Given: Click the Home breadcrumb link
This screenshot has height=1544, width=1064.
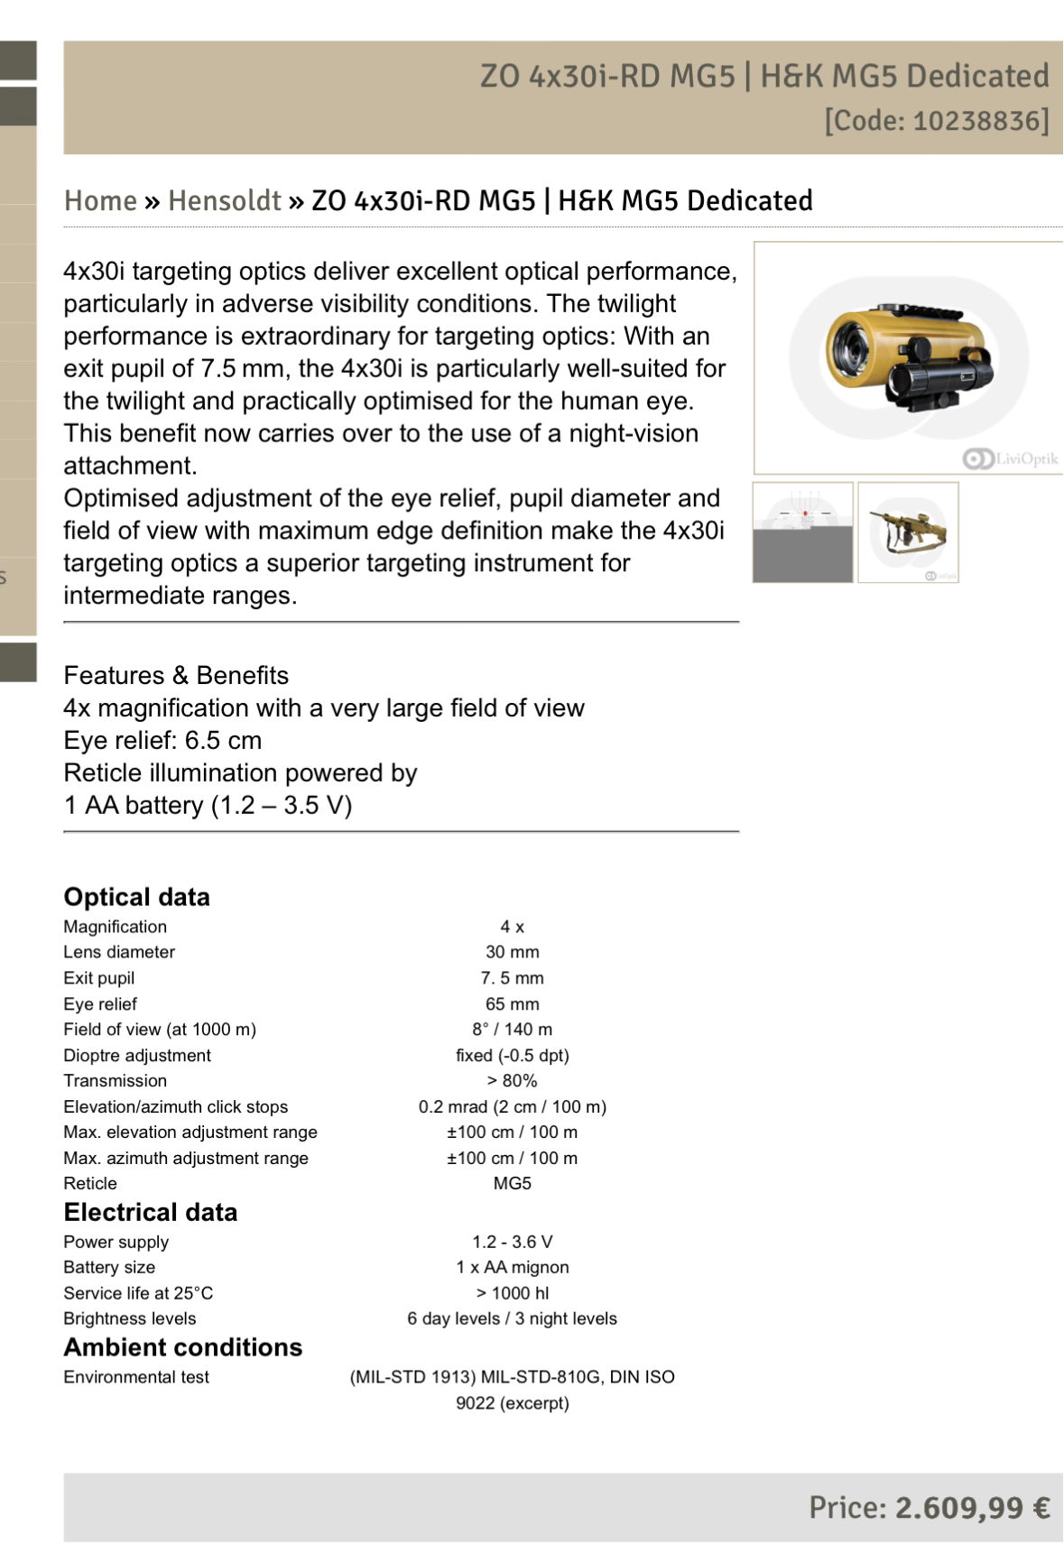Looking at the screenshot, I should pyautogui.click(x=100, y=200).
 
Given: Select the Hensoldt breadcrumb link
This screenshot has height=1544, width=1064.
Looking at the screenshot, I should pyautogui.click(x=225, y=200).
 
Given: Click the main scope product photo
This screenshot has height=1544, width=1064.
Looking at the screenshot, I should pyautogui.click(x=909, y=357).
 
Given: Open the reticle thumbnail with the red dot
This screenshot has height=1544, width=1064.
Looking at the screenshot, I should pyautogui.click(x=803, y=532).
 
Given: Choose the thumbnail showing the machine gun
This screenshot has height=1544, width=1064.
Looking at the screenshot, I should pyautogui.click(x=908, y=532).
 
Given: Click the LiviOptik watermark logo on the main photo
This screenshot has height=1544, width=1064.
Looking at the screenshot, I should pyautogui.click(x=1010, y=458).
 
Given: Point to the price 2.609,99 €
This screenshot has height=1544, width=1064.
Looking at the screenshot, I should pyautogui.click(x=972, y=1507).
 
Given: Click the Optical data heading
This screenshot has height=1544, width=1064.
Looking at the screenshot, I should pyautogui.click(x=136, y=897).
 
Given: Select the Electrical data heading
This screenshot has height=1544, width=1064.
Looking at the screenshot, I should pyautogui.click(x=150, y=1212).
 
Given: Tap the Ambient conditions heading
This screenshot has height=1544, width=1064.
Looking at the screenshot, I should pyautogui.click(x=182, y=1347).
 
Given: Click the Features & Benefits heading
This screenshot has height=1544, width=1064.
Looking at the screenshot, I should pyautogui.click(x=176, y=675).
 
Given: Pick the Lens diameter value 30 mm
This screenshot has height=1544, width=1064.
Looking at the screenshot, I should pyautogui.click(x=512, y=952).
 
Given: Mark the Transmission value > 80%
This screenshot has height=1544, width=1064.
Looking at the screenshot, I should pyautogui.click(x=512, y=1081).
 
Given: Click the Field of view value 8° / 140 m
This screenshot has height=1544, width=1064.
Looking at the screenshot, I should pyautogui.click(x=512, y=1030).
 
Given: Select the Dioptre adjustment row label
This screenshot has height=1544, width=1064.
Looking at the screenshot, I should pyautogui.click(x=137, y=1056).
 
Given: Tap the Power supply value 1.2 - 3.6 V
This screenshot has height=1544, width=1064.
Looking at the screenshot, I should pyautogui.click(x=512, y=1242).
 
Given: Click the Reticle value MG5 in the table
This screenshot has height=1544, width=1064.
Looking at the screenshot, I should pyautogui.click(x=512, y=1183).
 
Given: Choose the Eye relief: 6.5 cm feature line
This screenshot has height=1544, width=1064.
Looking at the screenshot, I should pyautogui.click(x=162, y=740).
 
